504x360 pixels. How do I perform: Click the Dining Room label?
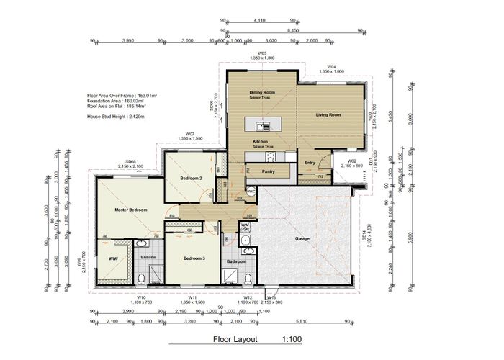pos(262,92)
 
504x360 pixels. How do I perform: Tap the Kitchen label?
pos(260,142)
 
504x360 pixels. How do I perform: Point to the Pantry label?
pos(269,171)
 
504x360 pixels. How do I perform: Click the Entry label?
pos(310,163)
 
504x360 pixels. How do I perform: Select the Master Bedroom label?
pos(131,210)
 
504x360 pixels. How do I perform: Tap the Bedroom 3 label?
pos(194,258)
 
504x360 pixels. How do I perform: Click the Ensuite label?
pos(148,256)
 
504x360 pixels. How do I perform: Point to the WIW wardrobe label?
pos(113,257)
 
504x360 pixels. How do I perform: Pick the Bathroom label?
pos(237,261)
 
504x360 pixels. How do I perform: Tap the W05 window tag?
pos(263,53)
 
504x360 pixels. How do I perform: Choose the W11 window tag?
pos(193,297)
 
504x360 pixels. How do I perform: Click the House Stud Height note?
pos(115,116)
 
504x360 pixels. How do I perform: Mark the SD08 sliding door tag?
pos(130,162)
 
